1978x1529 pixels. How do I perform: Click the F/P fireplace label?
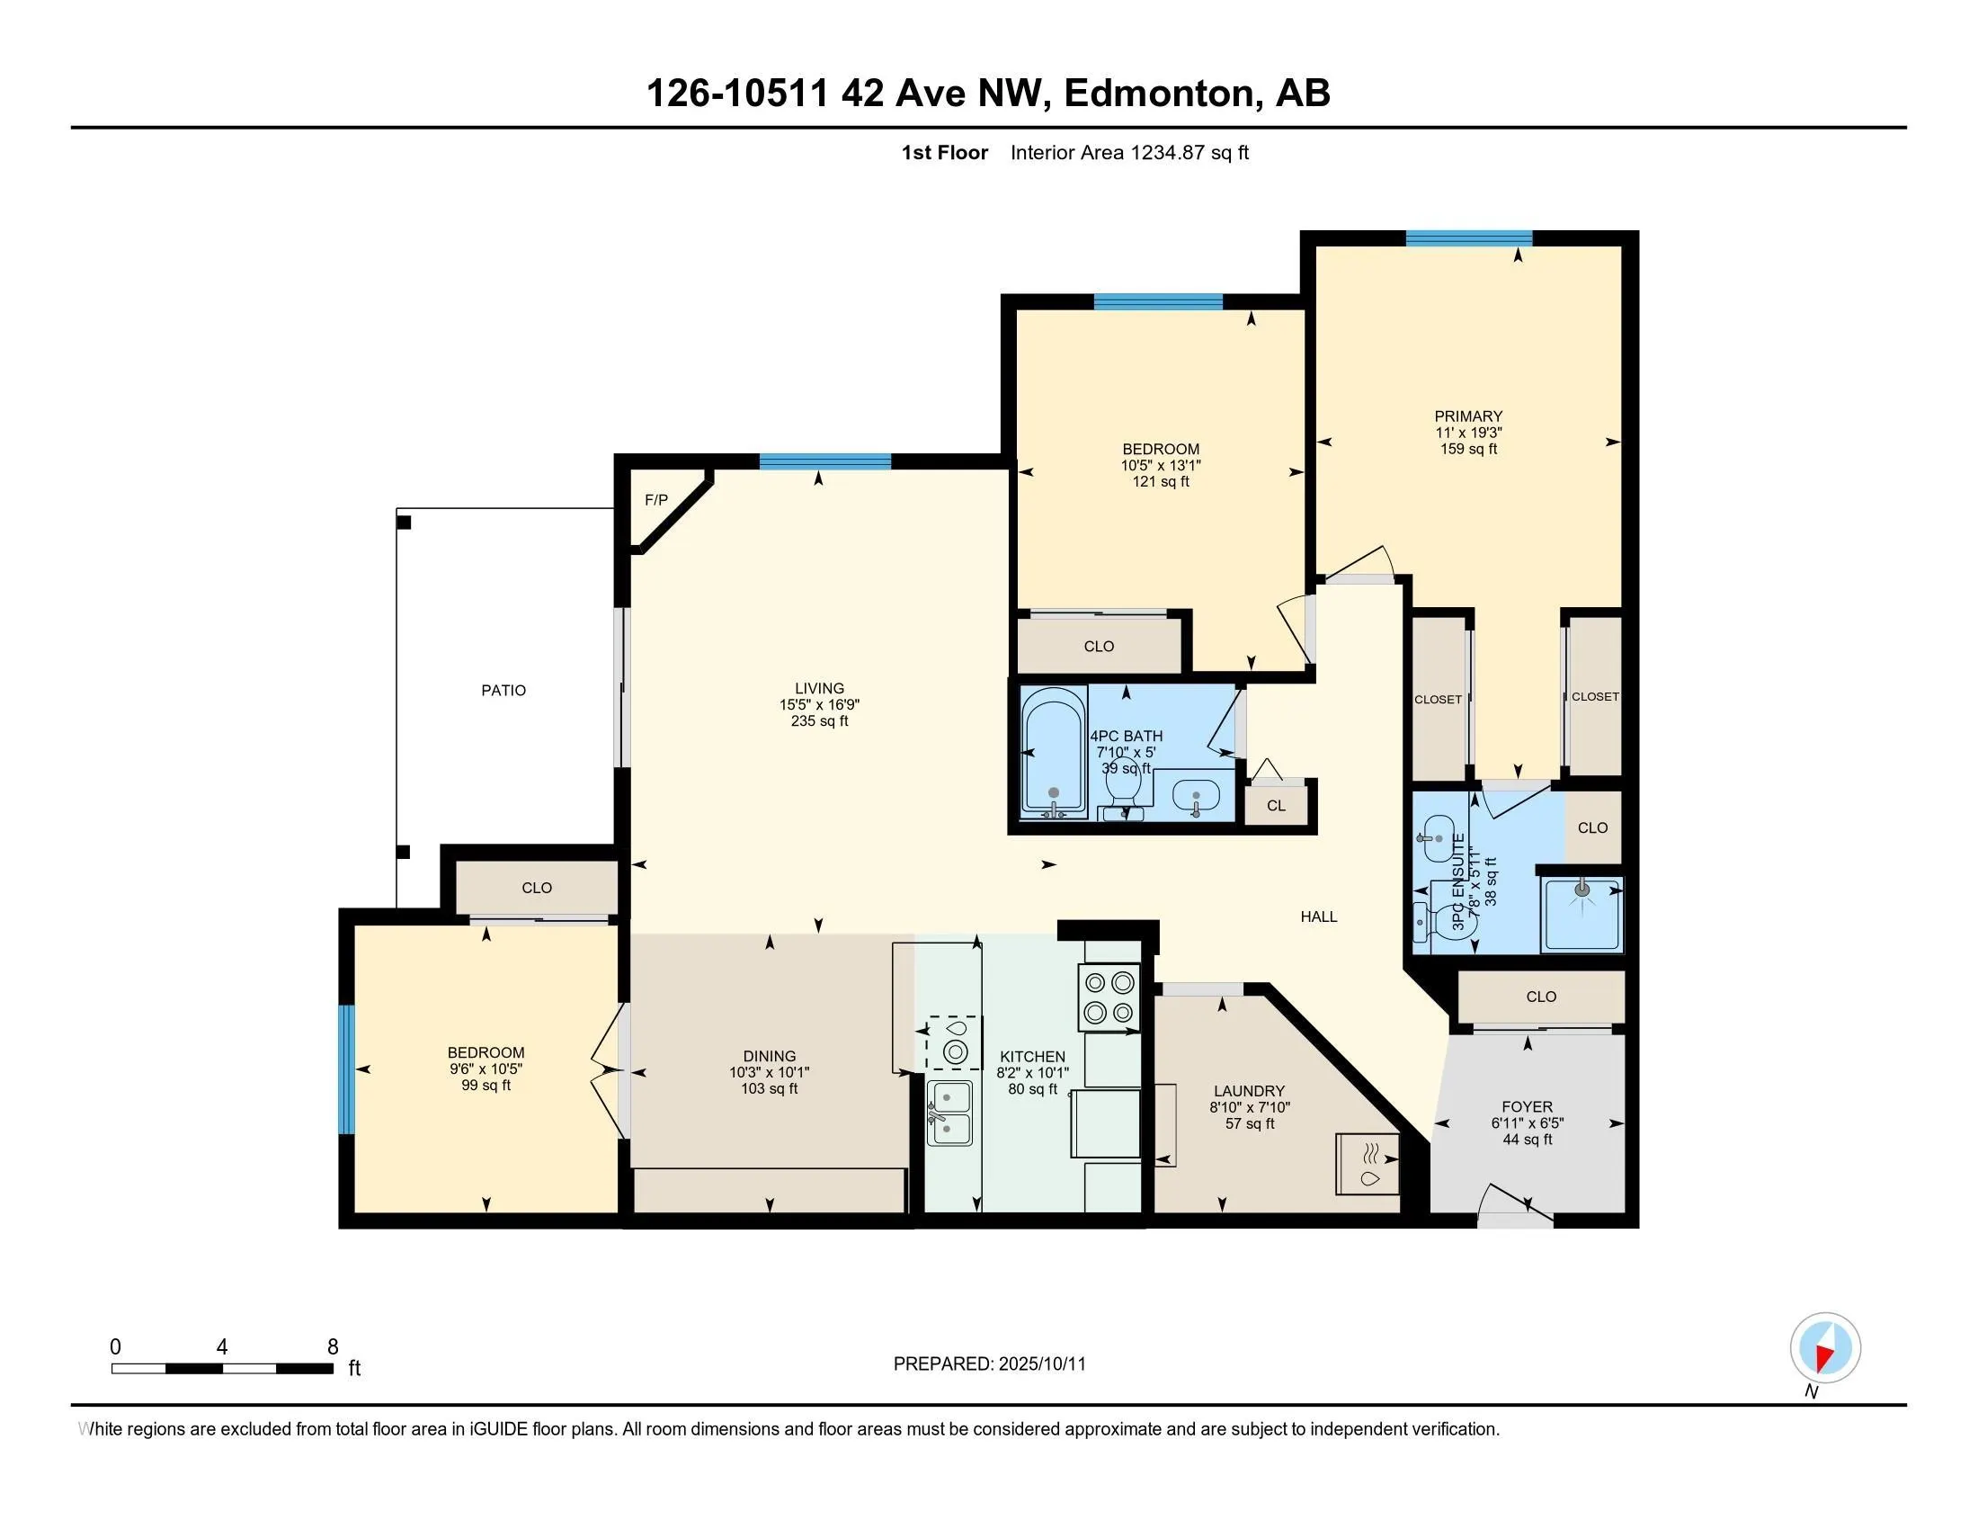[655, 500]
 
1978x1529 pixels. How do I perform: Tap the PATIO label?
[503, 690]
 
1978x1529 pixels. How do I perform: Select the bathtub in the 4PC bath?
[1055, 752]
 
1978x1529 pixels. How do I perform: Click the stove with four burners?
[1109, 997]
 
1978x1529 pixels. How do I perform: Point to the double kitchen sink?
[949, 1113]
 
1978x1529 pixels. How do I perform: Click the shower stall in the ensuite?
[1582, 914]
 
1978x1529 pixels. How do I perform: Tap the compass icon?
[1825, 1348]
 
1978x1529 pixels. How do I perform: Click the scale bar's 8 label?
[334, 1347]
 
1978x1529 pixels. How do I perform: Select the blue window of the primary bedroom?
[1468, 238]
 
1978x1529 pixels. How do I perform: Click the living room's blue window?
[825, 461]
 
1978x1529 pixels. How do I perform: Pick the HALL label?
[1319, 917]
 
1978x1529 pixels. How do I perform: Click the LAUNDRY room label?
[1249, 1092]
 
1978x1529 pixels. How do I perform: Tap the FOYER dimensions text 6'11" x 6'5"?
[1527, 1123]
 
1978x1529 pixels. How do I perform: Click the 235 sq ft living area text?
[820, 721]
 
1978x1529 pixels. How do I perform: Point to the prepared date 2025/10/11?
[1041, 1364]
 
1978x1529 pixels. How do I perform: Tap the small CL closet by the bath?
[1276, 805]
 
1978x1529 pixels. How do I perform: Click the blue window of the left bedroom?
[345, 1069]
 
